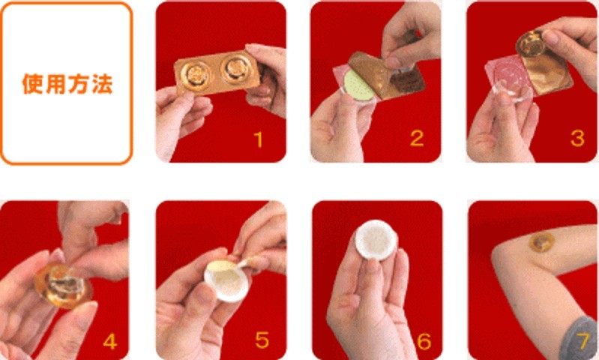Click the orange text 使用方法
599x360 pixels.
click(x=67, y=84)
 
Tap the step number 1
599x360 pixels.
click(x=259, y=139)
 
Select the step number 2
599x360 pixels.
click(x=417, y=138)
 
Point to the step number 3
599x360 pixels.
click(x=577, y=138)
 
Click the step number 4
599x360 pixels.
click(x=109, y=341)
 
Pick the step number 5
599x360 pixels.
click(x=262, y=340)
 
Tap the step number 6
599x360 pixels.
click(x=424, y=341)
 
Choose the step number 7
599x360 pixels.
click(x=583, y=341)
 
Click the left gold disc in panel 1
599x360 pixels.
click(x=195, y=74)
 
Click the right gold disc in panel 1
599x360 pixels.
click(x=235, y=68)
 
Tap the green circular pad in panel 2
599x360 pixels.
click(x=358, y=85)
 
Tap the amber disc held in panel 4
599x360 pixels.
click(x=63, y=285)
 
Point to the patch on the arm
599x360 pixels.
click(x=541, y=241)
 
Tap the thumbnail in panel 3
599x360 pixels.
click(x=550, y=37)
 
